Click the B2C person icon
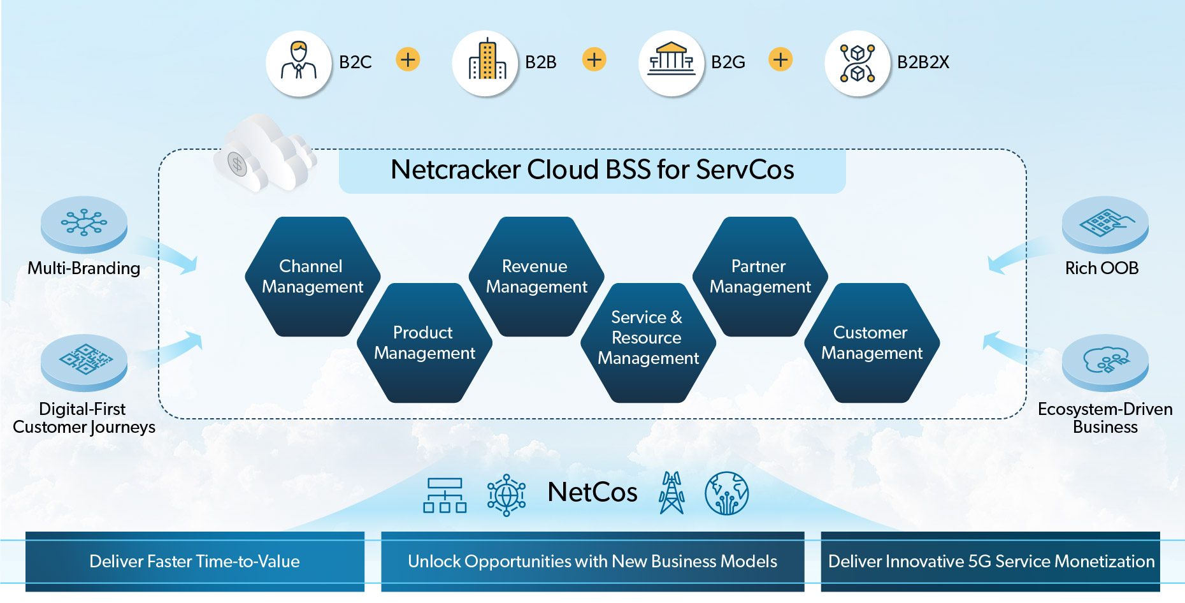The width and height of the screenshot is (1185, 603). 298,62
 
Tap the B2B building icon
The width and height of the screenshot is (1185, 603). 485,62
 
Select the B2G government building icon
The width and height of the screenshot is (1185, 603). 671,62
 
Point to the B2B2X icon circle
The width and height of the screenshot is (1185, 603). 857,63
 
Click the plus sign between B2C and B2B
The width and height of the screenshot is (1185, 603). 408,60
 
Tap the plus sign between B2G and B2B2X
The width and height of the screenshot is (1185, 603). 780,60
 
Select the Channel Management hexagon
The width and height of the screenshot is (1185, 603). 312,277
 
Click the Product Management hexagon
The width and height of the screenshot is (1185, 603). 424,343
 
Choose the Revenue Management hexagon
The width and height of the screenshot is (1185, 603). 536,277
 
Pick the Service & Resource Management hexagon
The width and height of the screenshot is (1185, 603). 648,343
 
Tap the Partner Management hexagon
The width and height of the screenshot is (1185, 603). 760,277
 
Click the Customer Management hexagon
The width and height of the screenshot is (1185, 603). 872,343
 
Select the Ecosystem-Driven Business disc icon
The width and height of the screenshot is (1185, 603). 1105,362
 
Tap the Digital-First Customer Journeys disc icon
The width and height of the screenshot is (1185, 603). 84,362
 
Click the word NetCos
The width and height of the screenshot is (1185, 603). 592,492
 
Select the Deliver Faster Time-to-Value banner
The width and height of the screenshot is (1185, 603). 195,562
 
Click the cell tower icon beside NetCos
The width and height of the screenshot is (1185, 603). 671,493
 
